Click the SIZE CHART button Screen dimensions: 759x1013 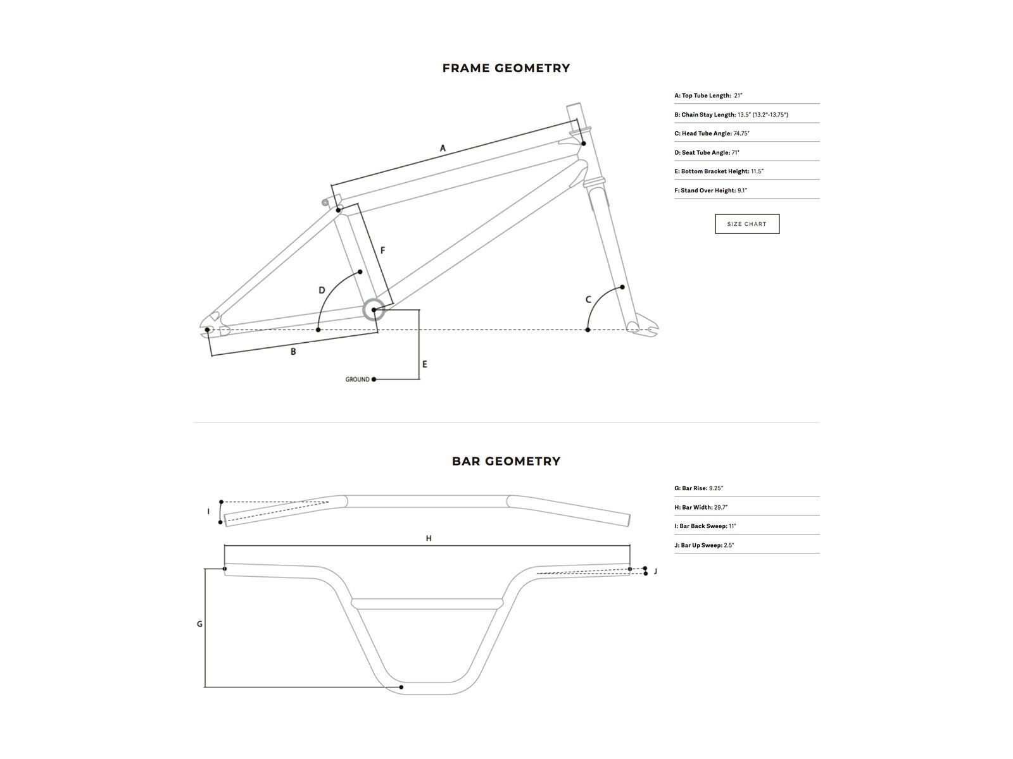747,224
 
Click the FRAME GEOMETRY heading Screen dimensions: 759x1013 506,68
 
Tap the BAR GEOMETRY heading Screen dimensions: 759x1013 506,461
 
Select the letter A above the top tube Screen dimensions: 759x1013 443,149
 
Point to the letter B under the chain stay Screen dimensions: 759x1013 293,352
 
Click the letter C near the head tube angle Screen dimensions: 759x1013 588,300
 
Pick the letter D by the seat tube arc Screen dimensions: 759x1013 322,291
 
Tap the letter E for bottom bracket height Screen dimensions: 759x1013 425,364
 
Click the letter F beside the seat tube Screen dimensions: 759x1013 382,251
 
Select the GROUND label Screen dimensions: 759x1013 357,379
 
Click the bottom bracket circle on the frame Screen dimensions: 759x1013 374,310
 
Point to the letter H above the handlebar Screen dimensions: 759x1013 429,538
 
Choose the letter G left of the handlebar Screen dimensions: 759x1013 199,624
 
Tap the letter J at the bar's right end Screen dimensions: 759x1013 655,571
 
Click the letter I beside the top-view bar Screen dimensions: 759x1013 208,511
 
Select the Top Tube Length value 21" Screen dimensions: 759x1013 738,96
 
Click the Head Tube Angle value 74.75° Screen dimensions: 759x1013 741,133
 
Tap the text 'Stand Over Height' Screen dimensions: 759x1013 708,190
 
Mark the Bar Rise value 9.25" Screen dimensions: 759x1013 716,488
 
